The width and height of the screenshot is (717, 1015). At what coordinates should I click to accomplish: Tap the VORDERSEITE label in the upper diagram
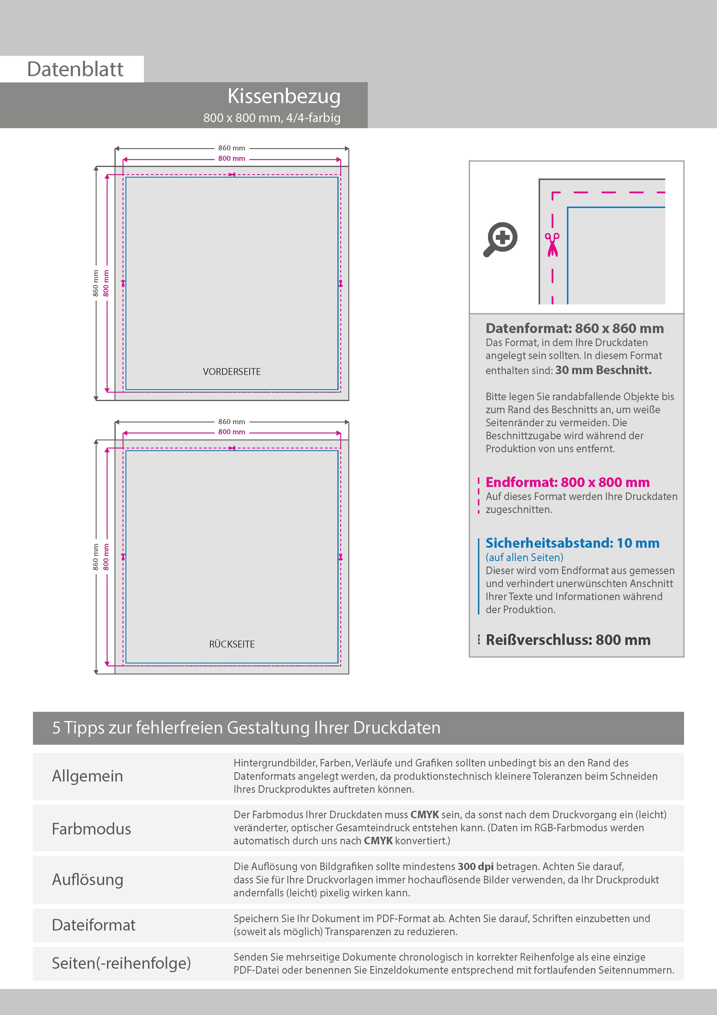[x=232, y=372]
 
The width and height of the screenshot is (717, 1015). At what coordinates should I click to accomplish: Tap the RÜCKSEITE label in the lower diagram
[x=232, y=644]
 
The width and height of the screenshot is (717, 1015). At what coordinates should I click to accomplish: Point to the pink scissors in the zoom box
[x=552, y=244]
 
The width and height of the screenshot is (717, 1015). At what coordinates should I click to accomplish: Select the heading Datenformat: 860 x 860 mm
[x=574, y=328]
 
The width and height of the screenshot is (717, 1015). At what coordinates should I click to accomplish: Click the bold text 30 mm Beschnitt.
[x=603, y=370]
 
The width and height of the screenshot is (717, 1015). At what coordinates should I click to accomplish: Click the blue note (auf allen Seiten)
[x=524, y=558]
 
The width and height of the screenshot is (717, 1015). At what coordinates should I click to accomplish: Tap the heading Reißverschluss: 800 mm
[x=568, y=640]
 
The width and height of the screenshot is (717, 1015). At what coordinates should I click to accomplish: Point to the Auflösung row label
[x=88, y=880]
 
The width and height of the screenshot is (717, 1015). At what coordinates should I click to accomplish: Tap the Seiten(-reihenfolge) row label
[x=121, y=963]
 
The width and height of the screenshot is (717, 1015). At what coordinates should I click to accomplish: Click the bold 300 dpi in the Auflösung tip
[x=476, y=867]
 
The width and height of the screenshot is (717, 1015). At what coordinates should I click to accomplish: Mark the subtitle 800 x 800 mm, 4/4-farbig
[x=272, y=118]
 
